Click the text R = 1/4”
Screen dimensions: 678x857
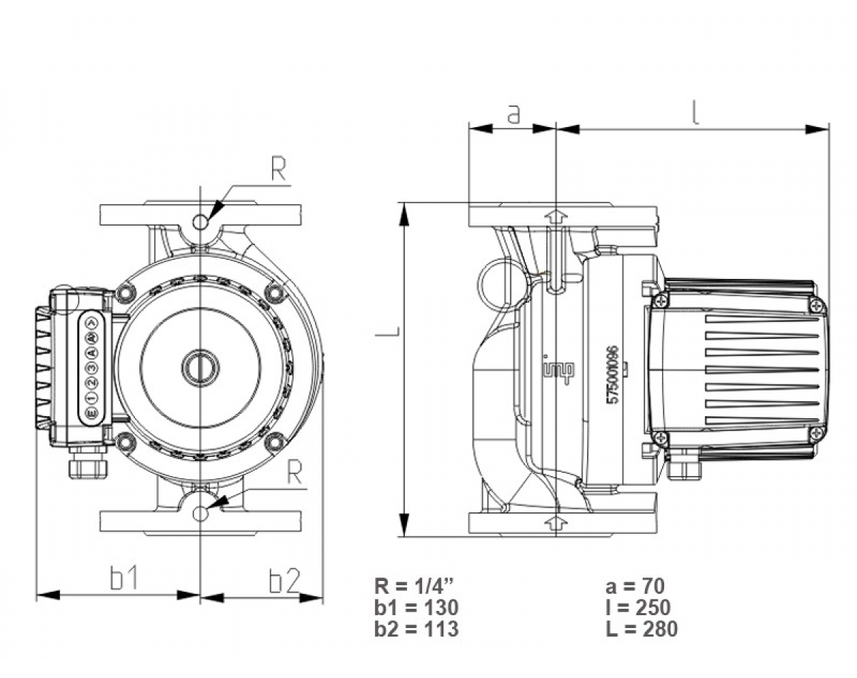click(x=414, y=587)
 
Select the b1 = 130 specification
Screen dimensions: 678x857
click(x=416, y=608)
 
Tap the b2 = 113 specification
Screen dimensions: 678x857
click(x=416, y=629)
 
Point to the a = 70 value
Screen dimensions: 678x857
click(x=635, y=587)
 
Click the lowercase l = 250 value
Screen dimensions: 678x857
click(x=637, y=608)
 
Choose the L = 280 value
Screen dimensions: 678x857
click(x=641, y=629)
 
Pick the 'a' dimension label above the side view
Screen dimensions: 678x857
click(x=513, y=113)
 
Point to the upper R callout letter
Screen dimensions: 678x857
click(x=279, y=168)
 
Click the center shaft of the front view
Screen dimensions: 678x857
click(x=201, y=367)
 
